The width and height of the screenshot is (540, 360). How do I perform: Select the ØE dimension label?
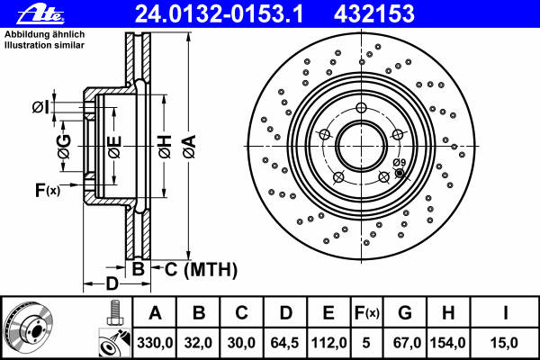113,144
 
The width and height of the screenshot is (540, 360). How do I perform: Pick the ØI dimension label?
41,108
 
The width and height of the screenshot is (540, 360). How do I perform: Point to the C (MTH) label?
200,268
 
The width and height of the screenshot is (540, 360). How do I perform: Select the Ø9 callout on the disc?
400,162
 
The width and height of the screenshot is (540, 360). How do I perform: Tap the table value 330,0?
155,343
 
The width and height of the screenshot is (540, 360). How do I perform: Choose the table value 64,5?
285,343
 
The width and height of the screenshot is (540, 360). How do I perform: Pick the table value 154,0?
447,343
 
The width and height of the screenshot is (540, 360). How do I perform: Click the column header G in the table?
404,314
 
